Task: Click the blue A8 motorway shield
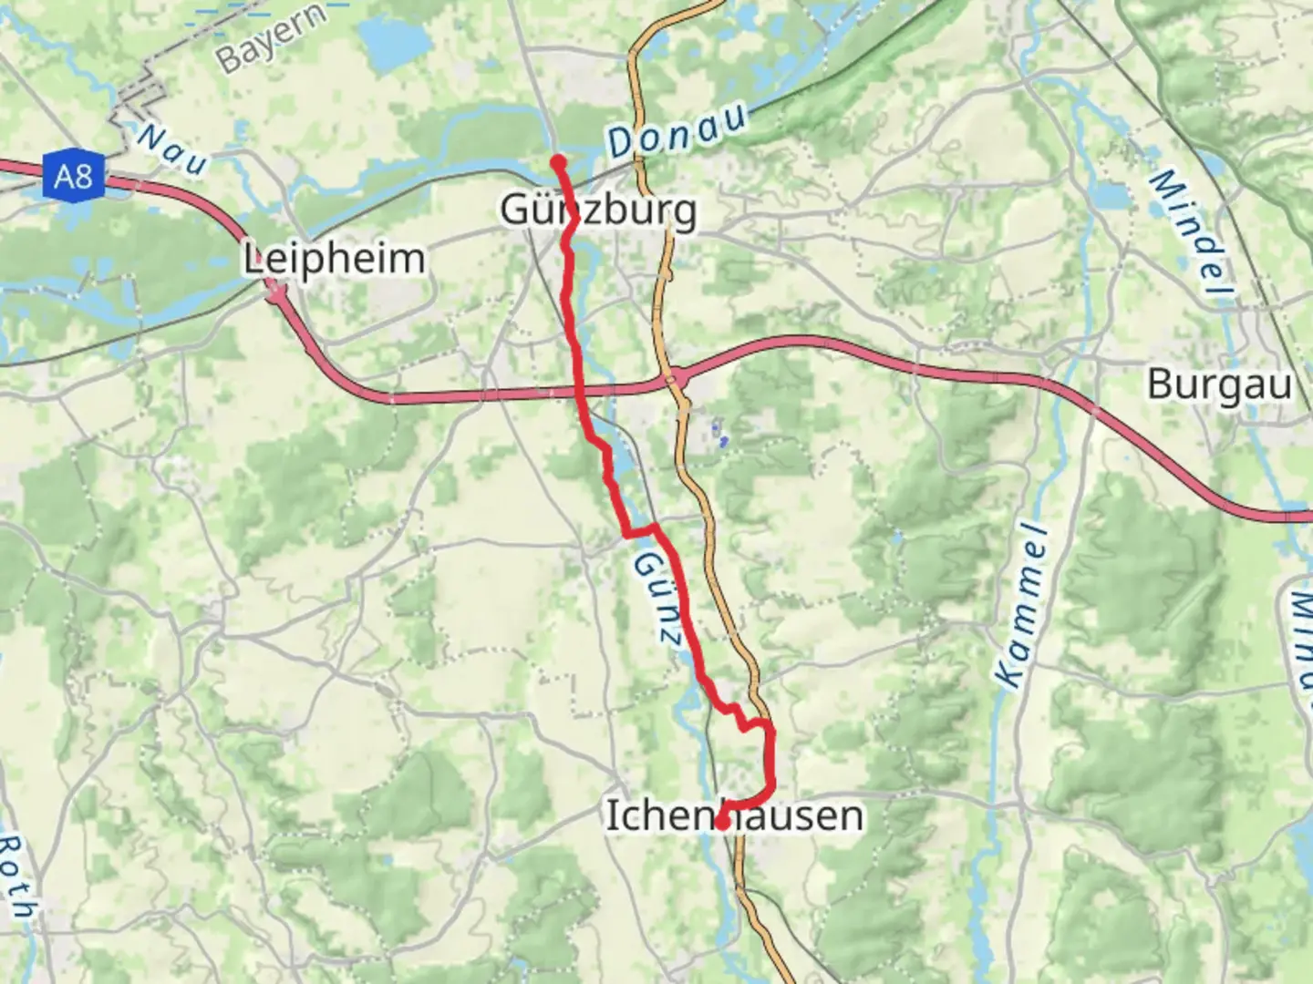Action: point(73,174)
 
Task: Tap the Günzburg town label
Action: point(598,210)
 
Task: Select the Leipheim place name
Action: point(334,260)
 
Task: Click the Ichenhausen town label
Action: point(734,815)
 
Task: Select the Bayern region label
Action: point(271,38)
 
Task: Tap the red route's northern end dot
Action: point(558,163)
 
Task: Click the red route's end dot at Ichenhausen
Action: point(720,823)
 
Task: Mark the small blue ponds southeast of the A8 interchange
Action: point(719,433)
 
